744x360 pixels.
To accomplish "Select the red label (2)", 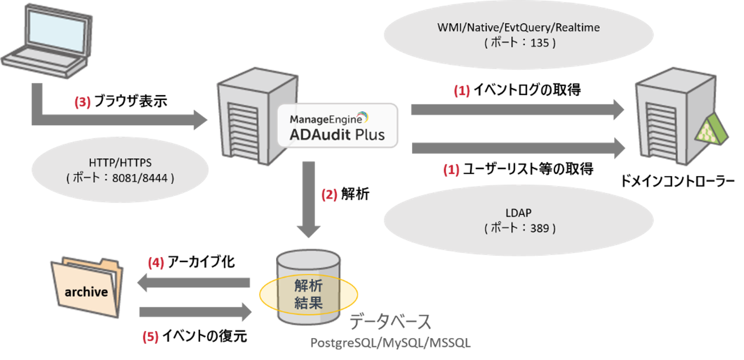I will pyautogui.click(x=329, y=195).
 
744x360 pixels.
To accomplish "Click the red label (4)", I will pyautogui.click(x=156, y=263).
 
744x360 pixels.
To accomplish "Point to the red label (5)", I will pyautogui.click(x=150, y=337).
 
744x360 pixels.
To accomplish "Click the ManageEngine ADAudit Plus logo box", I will pyautogui.click(x=338, y=126).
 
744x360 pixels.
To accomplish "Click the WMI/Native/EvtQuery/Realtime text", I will pyautogui.click(x=518, y=28).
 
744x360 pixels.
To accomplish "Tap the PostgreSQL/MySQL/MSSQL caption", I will pyautogui.click(x=391, y=343).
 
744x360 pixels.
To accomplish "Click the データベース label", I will pyautogui.click(x=390, y=322).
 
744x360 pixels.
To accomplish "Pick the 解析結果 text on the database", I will pyautogui.click(x=308, y=294).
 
